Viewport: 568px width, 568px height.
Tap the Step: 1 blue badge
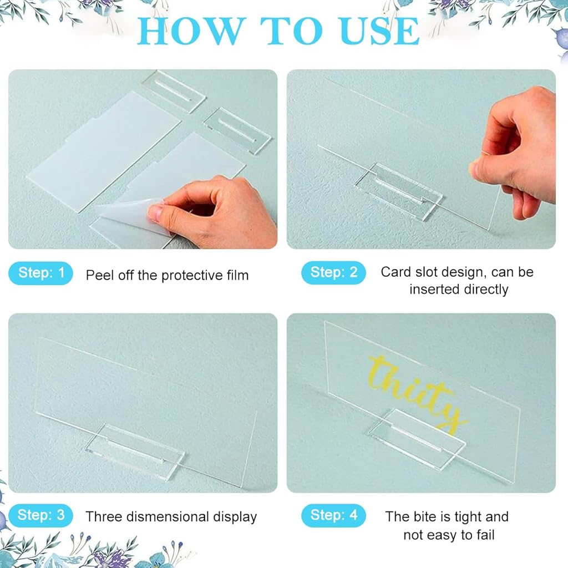tap(41, 273)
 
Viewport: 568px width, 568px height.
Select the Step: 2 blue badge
tap(333, 273)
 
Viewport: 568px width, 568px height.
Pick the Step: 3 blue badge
tap(41, 515)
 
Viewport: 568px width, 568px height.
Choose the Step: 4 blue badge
tap(333, 515)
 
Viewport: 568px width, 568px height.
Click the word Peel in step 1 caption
tap(98, 275)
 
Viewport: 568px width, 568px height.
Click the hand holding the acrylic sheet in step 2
tap(519, 150)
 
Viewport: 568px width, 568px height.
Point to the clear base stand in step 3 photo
tap(134, 451)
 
